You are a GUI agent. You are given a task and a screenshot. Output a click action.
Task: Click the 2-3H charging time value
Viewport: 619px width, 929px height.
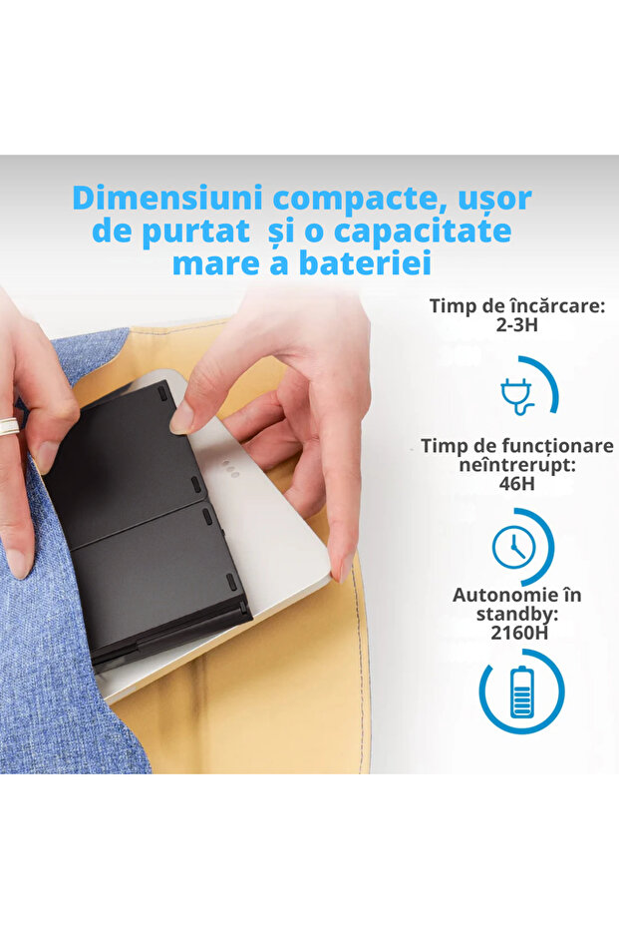(517, 324)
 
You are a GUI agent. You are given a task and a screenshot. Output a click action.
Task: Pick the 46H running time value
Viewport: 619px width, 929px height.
(517, 483)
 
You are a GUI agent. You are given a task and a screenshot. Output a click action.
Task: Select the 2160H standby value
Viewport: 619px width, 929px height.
(519, 633)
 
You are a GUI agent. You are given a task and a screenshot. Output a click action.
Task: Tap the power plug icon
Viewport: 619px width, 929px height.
(516, 396)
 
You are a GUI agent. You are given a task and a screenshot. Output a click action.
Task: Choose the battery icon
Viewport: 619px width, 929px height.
(521, 692)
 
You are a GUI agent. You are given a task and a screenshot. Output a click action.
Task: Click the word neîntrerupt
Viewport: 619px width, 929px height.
(517, 466)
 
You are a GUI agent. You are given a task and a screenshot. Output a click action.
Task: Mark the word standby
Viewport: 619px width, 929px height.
(517, 615)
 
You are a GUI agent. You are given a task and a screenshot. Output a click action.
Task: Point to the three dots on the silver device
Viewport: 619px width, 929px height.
(231, 470)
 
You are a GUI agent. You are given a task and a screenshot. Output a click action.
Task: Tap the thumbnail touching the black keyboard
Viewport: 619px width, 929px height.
(181, 418)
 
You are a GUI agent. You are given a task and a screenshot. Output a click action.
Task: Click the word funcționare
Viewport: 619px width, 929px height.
(557, 446)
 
